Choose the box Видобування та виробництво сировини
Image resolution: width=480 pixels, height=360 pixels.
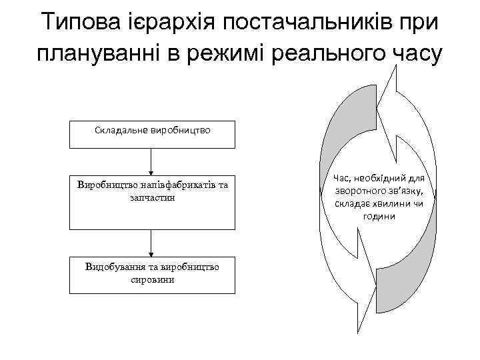point(152,274)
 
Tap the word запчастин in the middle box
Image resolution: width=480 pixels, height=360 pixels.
point(153,199)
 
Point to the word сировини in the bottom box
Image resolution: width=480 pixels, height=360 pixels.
point(153,280)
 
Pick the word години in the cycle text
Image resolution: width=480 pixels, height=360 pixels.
point(379,217)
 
